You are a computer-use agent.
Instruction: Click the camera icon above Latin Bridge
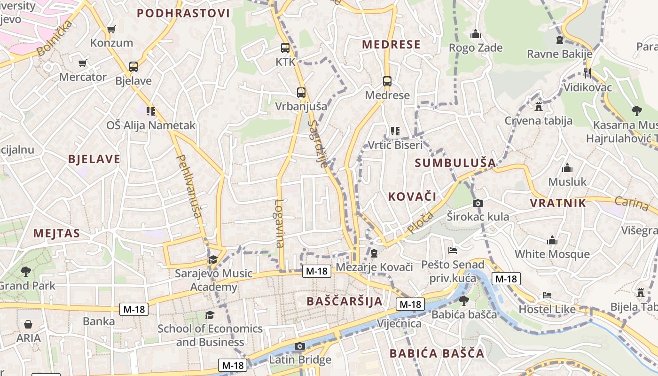pyautogui.click(x=299, y=346)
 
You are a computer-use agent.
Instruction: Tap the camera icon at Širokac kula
pyautogui.click(x=478, y=203)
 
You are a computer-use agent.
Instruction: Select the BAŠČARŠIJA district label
pyautogui.click(x=345, y=301)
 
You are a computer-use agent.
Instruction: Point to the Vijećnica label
pyautogui.click(x=399, y=323)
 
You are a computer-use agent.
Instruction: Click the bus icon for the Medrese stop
pyautogui.click(x=387, y=81)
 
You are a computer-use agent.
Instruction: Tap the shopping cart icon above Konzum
pyautogui.click(x=111, y=29)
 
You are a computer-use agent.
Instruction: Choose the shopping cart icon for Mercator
pyautogui.click(x=83, y=63)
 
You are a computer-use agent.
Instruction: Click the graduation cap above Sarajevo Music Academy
pyautogui.click(x=213, y=259)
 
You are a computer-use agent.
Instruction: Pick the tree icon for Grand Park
pyautogui.click(x=26, y=271)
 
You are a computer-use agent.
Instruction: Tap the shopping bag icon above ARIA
pyautogui.click(x=28, y=324)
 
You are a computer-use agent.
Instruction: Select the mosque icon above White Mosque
pyautogui.click(x=552, y=241)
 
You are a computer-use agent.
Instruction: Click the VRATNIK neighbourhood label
pyautogui.click(x=558, y=203)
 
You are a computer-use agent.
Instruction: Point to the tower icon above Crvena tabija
pyautogui.click(x=539, y=106)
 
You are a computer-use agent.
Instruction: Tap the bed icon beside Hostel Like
pyautogui.click(x=547, y=295)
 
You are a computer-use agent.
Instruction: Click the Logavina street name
pyautogui.click(x=280, y=223)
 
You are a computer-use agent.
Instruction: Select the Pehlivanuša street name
pyautogui.click(x=189, y=187)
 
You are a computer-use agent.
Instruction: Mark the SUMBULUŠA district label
pyautogui.click(x=455, y=163)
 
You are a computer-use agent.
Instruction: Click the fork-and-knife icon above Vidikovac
pyautogui.click(x=587, y=73)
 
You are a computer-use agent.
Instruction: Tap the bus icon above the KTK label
pyautogui.click(x=285, y=48)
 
